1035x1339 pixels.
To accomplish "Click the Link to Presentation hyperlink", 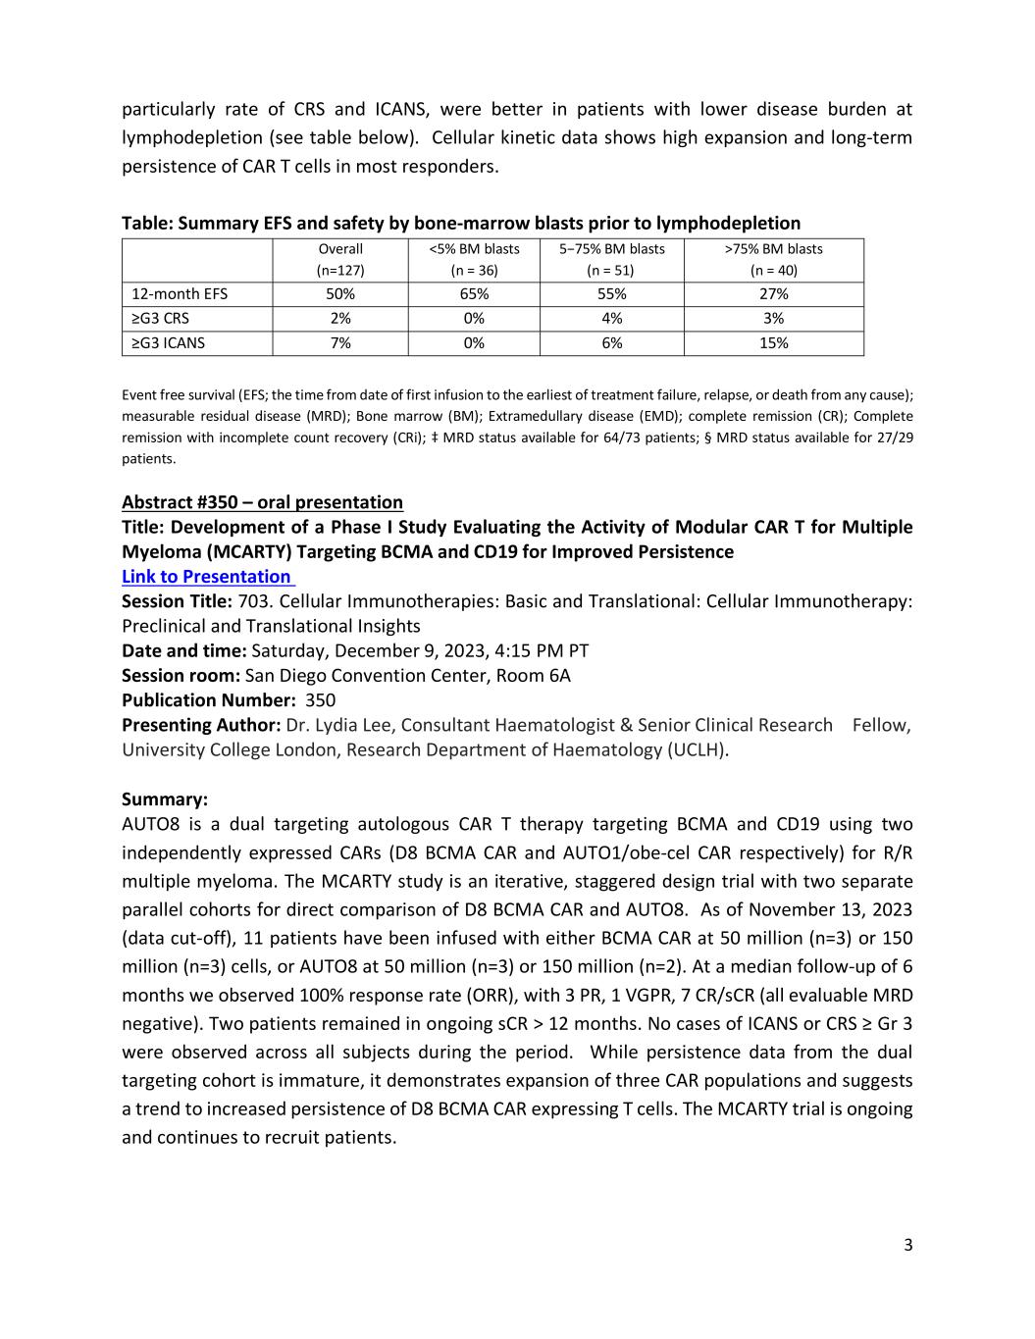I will point(207,577).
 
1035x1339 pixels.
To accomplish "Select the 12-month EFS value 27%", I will point(773,294).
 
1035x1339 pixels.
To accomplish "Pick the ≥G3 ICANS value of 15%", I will point(773,343).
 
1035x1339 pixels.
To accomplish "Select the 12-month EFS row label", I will point(180,294).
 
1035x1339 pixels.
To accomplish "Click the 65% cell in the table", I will point(474,294).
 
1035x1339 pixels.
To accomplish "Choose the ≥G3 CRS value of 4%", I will point(611,319).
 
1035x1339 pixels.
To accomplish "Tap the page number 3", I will point(907,1246).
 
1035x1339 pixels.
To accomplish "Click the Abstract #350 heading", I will point(262,502).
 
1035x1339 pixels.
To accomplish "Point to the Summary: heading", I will point(165,799).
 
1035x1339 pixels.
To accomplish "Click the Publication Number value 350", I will point(320,700).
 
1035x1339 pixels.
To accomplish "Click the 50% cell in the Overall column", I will point(340,294).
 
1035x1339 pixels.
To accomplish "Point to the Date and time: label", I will point(183,651).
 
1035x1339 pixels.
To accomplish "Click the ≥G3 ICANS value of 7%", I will point(340,343).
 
